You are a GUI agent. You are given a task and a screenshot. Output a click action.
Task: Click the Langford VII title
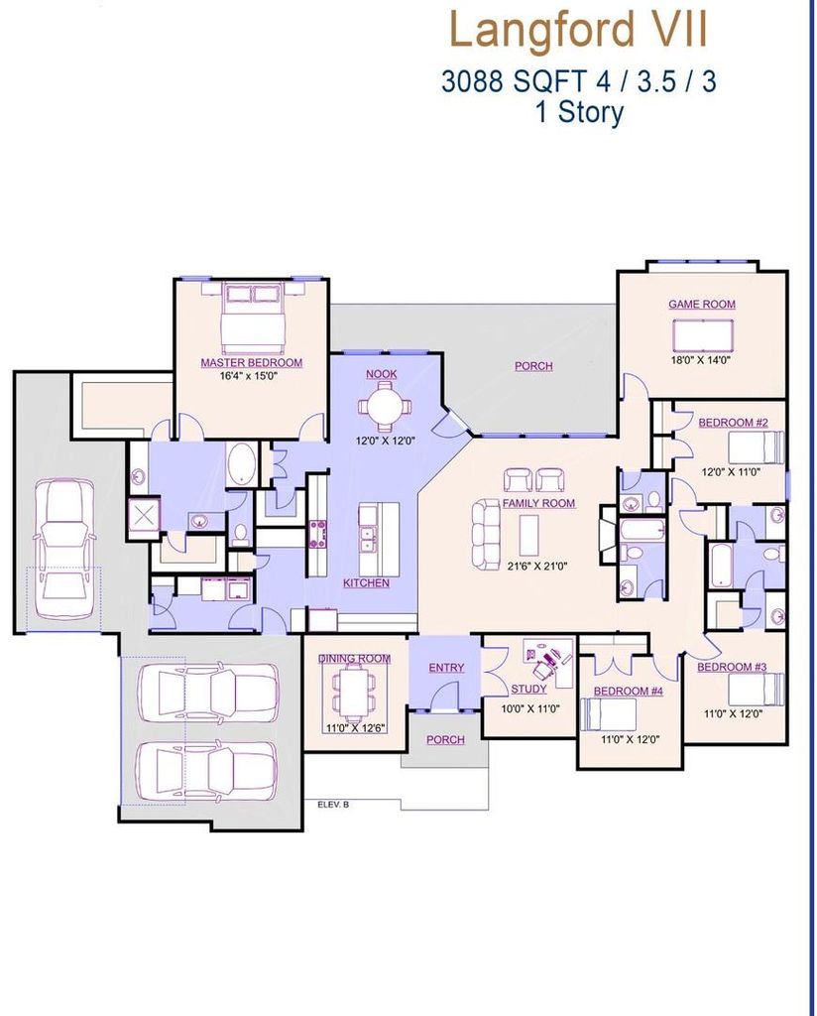point(578,30)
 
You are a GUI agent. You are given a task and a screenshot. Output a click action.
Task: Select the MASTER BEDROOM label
point(251,362)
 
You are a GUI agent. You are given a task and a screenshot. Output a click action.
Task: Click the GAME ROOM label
point(702,304)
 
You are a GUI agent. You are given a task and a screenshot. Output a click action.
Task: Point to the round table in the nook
point(385,406)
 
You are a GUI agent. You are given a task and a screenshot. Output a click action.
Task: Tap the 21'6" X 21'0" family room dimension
point(537,566)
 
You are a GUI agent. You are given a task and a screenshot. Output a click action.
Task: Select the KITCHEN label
point(367,583)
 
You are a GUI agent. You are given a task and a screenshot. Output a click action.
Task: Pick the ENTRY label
point(446,668)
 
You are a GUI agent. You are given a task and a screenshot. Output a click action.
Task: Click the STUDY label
point(528,689)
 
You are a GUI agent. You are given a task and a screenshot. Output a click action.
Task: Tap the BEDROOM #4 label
point(628,691)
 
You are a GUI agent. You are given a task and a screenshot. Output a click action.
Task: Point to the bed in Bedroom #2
point(757,447)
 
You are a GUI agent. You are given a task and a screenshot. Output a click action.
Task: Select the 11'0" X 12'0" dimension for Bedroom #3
point(734,713)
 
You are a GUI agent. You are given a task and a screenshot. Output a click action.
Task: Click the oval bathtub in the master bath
point(242,463)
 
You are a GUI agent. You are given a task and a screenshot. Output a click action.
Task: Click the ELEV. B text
point(333,805)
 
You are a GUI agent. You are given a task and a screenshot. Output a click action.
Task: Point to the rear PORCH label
point(533,366)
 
